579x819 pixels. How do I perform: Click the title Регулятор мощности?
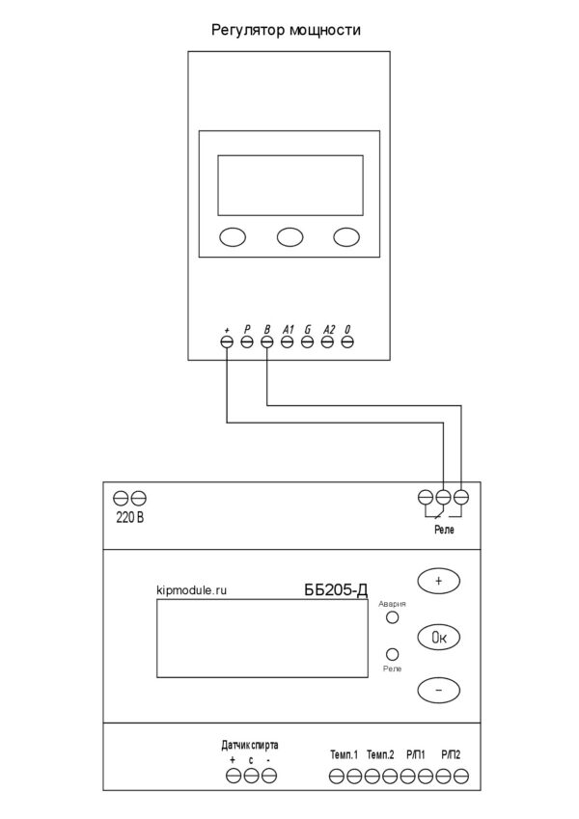[x=286, y=30]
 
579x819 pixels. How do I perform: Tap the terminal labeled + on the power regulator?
[x=227, y=341]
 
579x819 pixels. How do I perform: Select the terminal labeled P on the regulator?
[x=247, y=341]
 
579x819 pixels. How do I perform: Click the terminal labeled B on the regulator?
[x=267, y=341]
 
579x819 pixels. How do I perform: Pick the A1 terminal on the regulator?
[x=287, y=341]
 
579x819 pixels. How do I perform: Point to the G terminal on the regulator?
[x=307, y=341]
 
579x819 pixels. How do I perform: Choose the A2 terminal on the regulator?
[x=327, y=341]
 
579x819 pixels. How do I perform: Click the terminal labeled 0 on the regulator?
[x=347, y=341]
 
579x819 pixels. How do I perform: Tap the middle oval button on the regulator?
[x=290, y=236]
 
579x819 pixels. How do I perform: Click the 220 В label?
[x=130, y=518]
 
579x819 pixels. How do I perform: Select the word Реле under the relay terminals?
[x=444, y=530]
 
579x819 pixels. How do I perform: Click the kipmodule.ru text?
[x=192, y=590]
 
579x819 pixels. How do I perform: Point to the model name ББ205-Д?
[x=336, y=589]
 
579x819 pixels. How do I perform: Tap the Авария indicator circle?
[x=392, y=616]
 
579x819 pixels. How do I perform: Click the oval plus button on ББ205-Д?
[x=438, y=581]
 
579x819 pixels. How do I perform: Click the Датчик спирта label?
[x=250, y=745]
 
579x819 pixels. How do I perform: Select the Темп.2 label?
[x=380, y=754]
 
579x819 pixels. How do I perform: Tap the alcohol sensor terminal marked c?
[x=251, y=776]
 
